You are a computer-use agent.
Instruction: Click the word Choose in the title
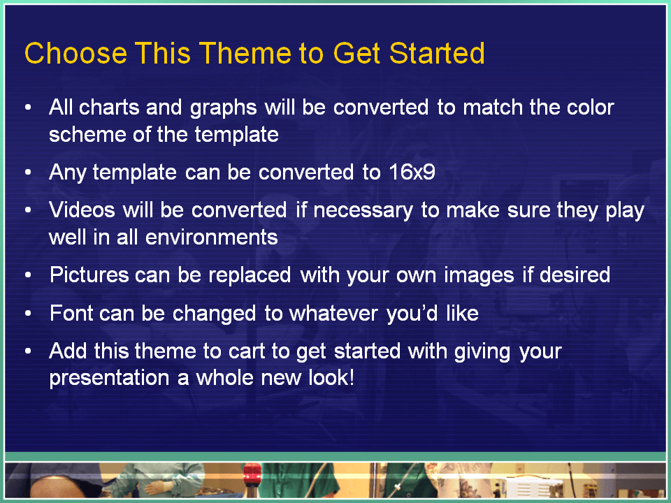point(75,54)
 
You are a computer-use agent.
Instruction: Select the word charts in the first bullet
point(109,107)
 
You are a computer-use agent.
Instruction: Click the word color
point(591,107)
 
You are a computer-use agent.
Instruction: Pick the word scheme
point(87,134)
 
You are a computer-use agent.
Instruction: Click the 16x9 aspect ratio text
point(412,172)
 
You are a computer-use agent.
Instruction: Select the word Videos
point(82,210)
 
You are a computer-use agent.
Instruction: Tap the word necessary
point(363,211)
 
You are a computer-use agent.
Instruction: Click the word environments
point(212,237)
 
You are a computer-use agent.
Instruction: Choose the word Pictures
point(89,275)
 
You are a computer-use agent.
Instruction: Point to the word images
point(479,276)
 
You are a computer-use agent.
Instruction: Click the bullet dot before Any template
point(28,173)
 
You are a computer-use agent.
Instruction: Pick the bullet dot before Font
point(28,314)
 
